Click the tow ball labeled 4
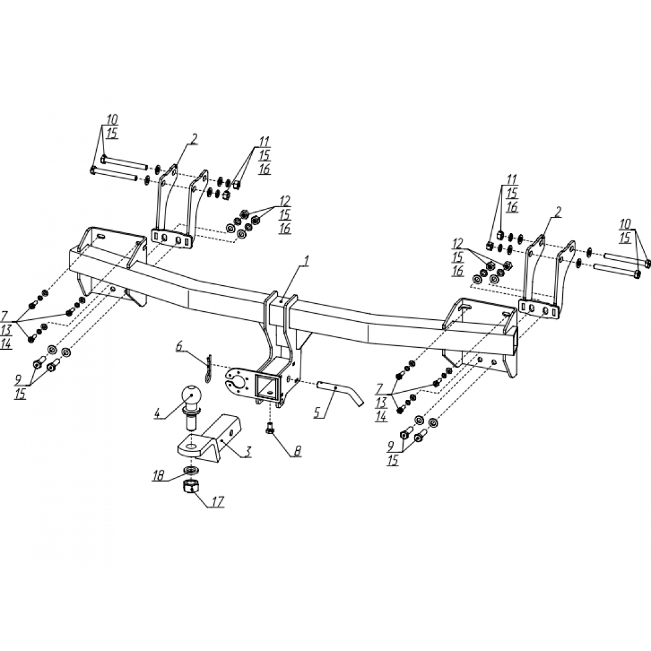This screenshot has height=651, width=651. (190, 407)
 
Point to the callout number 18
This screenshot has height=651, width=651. (159, 475)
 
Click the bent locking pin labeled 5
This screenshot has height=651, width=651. (340, 391)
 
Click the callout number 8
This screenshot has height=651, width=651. (297, 451)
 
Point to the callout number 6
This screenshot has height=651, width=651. (179, 346)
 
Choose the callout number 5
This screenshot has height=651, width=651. (317, 412)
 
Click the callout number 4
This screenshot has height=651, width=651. (157, 414)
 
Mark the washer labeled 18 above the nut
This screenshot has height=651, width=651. (191, 470)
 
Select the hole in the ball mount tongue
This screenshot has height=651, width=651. (192, 446)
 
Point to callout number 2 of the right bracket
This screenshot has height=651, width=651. (557, 212)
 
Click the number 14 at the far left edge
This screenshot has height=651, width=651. (6, 343)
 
